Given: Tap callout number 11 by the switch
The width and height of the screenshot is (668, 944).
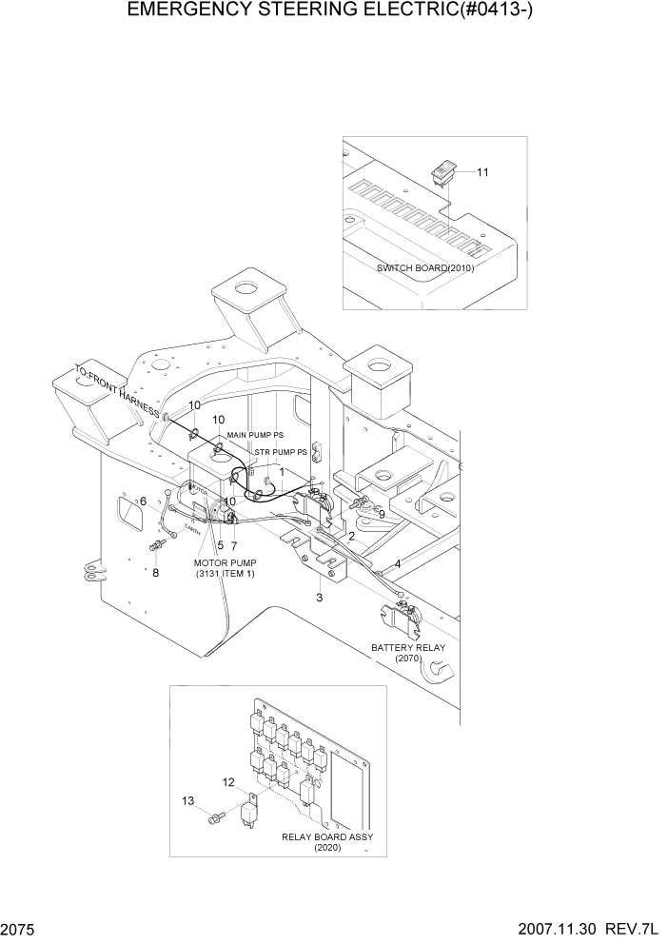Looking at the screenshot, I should click(482, 172).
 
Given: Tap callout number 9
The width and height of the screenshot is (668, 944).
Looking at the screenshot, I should click(381, 514).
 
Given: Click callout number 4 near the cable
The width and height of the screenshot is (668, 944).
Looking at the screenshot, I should click(397, 563).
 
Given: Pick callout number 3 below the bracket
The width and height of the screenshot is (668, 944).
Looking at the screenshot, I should click(320, 598).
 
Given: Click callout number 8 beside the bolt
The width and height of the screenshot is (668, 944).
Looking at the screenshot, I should click(156, 573).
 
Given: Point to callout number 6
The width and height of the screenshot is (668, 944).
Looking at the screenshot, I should click(143, 501).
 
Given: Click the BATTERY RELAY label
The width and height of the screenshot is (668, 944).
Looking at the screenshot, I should click(407, 647).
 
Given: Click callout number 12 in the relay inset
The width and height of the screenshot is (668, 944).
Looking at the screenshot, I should click(228, 782).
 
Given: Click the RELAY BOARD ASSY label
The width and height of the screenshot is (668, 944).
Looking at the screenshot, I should click(327, 836).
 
